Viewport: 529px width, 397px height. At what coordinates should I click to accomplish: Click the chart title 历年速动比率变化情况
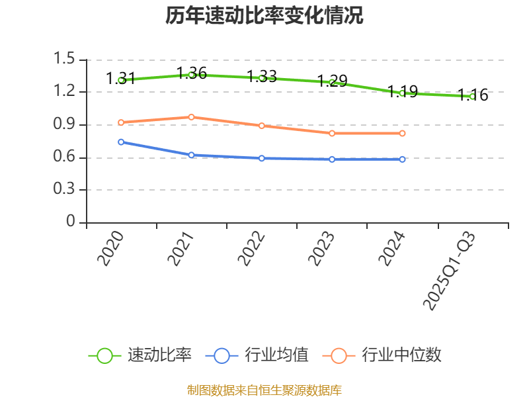[x=264, y=16]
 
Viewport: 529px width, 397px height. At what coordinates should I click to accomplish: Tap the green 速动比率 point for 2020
[x=121, y=80]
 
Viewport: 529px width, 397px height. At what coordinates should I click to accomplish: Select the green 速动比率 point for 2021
[x=191, y=75]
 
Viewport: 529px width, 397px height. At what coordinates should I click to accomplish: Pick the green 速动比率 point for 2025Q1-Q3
[x=472, y=97]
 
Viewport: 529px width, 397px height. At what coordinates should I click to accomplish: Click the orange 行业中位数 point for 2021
[x=191, y=117]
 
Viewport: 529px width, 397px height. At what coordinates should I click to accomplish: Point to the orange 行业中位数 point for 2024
[x=402, y=134]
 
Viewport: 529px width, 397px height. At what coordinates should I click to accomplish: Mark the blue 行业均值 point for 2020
[x=121, y=142]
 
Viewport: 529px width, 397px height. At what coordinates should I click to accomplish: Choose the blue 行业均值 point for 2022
[x=262, y=158]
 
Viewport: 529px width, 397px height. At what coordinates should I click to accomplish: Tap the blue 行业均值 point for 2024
[x=402, y=159]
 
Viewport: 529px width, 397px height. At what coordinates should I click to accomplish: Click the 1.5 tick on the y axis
[x=65, y=60]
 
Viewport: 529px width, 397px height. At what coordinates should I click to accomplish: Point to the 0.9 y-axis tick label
[x=65, y=124]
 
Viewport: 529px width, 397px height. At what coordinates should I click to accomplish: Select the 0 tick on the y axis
[x=71, y=222]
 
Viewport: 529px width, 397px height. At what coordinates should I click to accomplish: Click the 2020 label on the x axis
[x=111, y=249]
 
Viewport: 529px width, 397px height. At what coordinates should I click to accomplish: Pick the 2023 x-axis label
[x=322, y=249]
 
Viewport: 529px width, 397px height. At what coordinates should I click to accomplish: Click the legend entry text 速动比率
[x=159, y=355]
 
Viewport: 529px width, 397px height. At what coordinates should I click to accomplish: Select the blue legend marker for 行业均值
[x=222, y=355]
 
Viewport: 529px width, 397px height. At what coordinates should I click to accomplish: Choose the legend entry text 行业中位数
[x=401, y=355]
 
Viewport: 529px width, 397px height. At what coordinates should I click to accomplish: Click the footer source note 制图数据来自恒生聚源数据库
[x=264, y=390]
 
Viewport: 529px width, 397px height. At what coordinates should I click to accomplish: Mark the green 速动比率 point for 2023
[x=332, y=82]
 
